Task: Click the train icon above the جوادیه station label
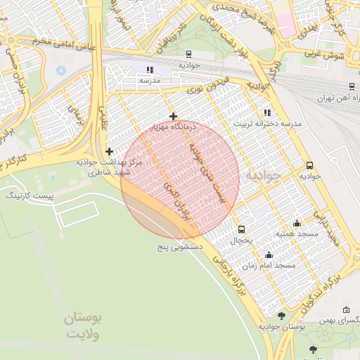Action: (188, 53)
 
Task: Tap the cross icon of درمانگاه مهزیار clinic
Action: (173, 116)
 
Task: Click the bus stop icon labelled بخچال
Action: (242, 229)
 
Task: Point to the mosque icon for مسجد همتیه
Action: (297, 223)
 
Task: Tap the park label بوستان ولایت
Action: (83, 326)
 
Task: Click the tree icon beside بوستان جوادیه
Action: (282, 316)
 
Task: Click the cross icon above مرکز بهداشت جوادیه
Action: (109, 151)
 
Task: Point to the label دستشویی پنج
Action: (179, 248)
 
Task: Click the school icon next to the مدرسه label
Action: (149, 70)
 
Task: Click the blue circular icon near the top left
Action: (60, 70)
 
